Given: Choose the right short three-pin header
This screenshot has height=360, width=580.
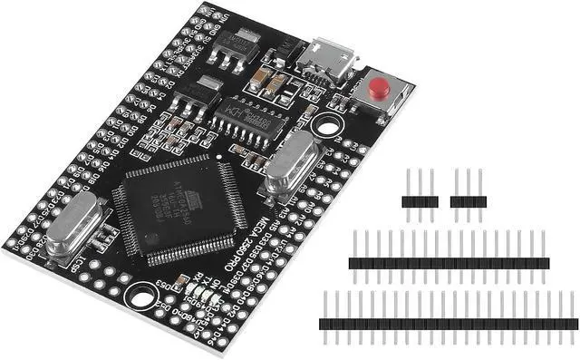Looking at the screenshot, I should pyautogui.click(x=468, y=201).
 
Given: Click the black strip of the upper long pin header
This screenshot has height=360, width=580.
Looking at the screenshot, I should pyautogui.click(x=449, y=263).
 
